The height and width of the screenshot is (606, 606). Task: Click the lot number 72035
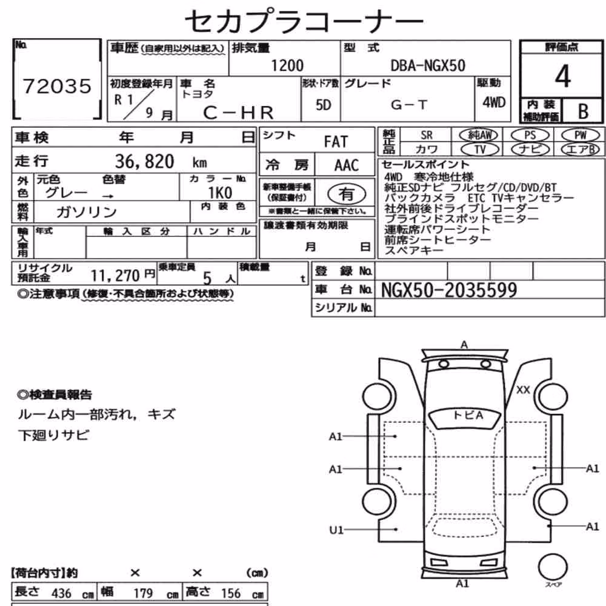click(x=57, y=86)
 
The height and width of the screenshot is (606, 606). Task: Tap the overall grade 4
click(x=562, y=76)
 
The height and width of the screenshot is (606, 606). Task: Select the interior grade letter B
click(x=583, y=112)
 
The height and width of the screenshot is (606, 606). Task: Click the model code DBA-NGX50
click(x=428, y=65)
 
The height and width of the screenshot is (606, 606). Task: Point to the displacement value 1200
click(x=287, y=65)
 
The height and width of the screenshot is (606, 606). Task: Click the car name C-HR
click(x=238, y=113)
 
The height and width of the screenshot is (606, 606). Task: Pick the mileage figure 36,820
click(x=145, y=161)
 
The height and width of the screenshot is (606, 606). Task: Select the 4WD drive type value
click(x=494, y=102)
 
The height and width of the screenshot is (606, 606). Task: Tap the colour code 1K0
click(x=220, y=193)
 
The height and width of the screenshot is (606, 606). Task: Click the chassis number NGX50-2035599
click(x=448, y=290)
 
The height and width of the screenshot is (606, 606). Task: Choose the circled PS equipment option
click(x=530, y=135)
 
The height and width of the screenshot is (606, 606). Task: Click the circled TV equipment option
click(x=480, y=149)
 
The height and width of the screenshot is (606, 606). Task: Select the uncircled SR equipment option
click(x=426, y=135)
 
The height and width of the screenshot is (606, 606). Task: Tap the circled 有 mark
click(x=347, y=194)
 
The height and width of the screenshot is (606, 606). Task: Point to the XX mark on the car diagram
click(x=523, y=390)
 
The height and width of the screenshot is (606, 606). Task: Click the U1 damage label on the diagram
click(x=336, y=530)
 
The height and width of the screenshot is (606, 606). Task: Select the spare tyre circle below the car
click(x=553, y=567)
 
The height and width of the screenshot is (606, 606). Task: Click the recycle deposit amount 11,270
click(x=115, y=276)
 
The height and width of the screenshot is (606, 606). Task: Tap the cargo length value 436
click(x=61, y=593)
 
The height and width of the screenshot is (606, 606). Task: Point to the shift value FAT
click(x=336, y=142)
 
